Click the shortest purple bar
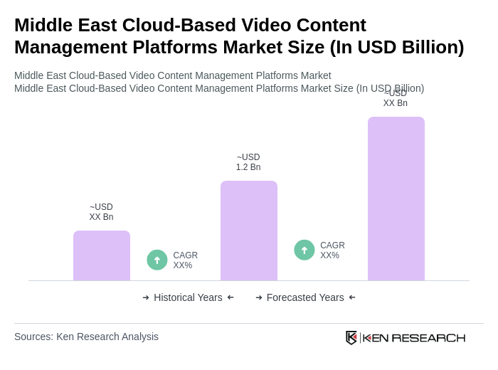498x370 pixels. coord(102,255)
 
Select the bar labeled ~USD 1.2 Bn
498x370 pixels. coord(249,231)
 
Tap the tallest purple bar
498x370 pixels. coord(396,199)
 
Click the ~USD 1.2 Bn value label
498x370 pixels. coord(248,162)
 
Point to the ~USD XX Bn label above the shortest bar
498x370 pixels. coord(101,212)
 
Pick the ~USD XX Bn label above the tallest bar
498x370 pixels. coord(396,99)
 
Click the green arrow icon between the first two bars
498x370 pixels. coord(157,260)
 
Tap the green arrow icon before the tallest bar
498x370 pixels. coord(304,250)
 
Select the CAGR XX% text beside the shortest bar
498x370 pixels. coord(186,260)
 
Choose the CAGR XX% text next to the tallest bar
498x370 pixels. coord(332,250)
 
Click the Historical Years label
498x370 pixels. coord(188,297)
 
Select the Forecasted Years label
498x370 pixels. coord(305,297)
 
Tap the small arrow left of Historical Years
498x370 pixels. coord(146,297)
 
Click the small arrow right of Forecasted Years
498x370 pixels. coord(352,297)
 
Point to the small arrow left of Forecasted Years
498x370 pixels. coord(259,297)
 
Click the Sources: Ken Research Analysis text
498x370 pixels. coord(86,337)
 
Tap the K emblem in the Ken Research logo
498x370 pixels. coord(351,337)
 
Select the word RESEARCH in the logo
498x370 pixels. coord(428,337)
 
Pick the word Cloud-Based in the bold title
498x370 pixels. coord(179,25)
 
